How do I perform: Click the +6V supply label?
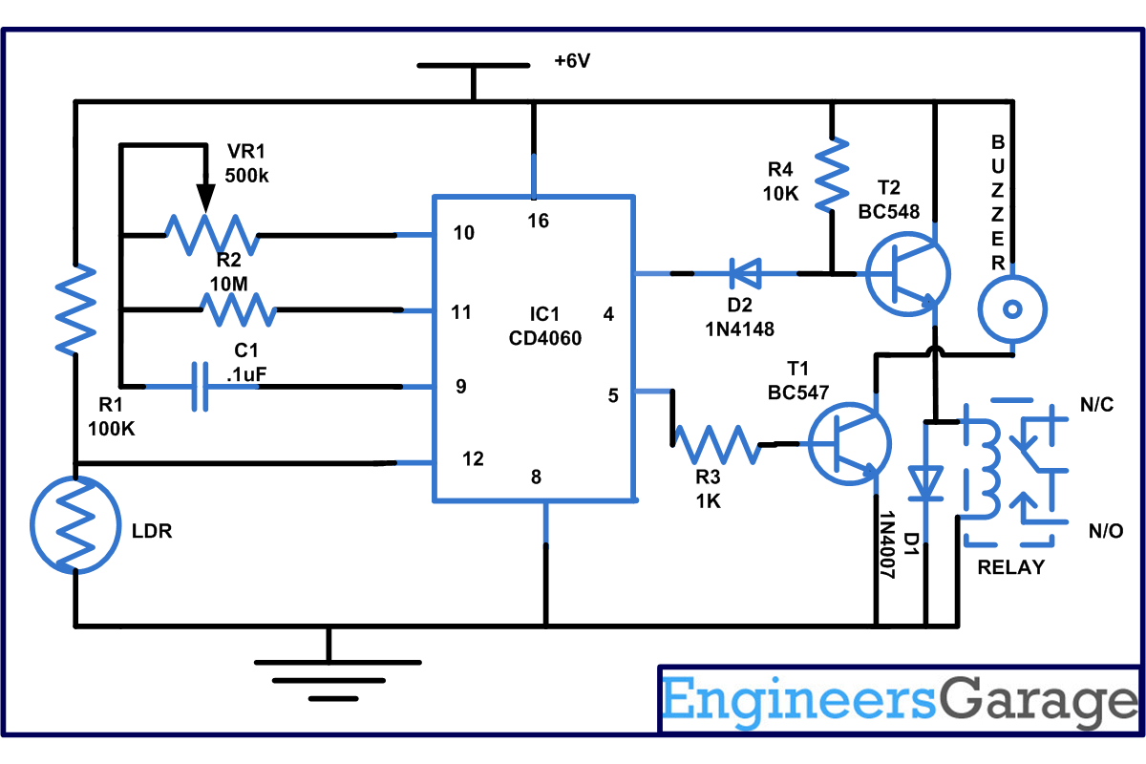[x=572, y=61]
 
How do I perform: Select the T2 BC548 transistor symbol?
[x=908, y=274]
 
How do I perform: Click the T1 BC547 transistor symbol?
[x=850, y=444]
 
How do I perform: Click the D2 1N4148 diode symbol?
[x=745, y=274]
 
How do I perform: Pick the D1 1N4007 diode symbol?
[x=925, y=482]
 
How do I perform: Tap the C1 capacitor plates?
[x=200, y=387]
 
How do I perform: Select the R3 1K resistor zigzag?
[x=715, y=444]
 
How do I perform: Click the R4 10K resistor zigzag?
[x=832, y=175]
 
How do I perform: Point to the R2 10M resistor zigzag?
[x=239, y=309]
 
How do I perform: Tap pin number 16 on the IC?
[x=538, y=221]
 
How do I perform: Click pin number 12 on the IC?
[x=472, y=459]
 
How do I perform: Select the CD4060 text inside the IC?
[x=545, y=338]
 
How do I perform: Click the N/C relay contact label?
[x=1096, y=405]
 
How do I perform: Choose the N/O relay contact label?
[x=1106, y=531]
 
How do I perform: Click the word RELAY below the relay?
[x=1011, y=567]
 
